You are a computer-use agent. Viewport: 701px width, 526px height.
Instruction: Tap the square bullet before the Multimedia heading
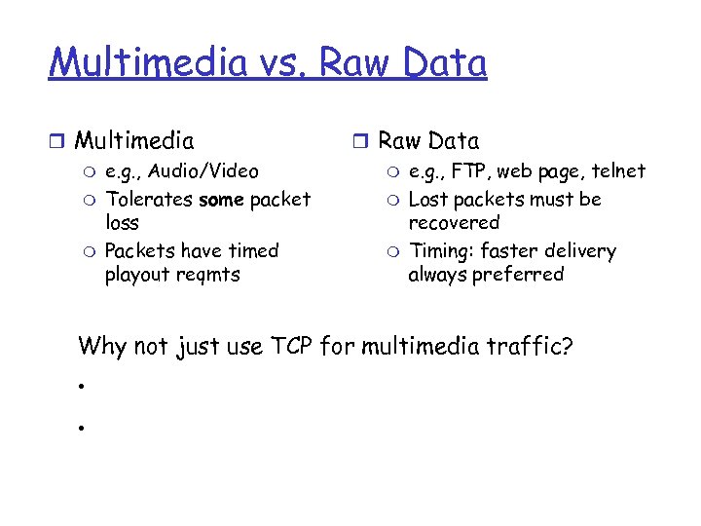[x=58, y=142]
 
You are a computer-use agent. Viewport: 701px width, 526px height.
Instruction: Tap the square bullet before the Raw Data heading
[x=361, y=142]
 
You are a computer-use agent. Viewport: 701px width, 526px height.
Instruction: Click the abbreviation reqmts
[x=207, y=275]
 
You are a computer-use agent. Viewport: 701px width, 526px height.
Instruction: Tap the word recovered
[x=453, y=223]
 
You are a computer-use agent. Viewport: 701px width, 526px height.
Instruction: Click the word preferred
[x=526, y=275]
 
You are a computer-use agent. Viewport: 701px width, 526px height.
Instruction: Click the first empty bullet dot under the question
[x=85, y=387]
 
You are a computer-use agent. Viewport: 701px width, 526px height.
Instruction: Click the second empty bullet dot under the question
[x=85, y=426]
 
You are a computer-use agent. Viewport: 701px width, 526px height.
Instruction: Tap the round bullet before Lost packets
[x=393, y=201]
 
